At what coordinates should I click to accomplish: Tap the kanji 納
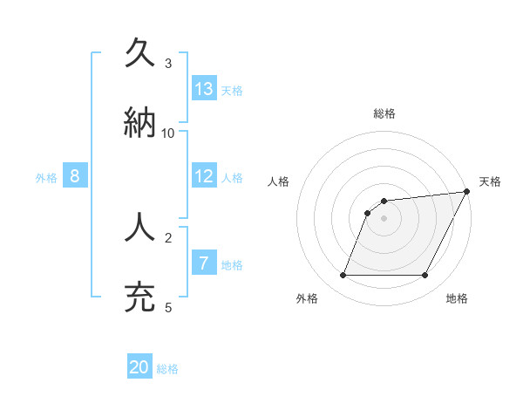140,123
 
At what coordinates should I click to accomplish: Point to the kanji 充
140,297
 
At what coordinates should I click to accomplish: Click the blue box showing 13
204,89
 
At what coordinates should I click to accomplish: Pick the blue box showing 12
204,176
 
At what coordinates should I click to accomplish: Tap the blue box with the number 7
204,263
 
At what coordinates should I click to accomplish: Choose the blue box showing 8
75,176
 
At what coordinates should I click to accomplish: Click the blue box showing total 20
139,368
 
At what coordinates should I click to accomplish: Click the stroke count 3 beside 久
168,64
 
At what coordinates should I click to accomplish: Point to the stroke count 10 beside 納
168,133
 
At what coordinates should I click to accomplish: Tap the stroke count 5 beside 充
168,307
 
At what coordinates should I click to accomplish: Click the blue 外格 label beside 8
46,178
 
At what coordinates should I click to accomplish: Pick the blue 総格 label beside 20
167,370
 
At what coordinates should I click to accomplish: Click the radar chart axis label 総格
384,114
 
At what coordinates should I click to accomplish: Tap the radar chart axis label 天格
490,181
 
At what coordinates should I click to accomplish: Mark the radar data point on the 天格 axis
467,192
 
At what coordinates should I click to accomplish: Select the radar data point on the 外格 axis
343,276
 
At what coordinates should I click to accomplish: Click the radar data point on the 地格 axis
425,276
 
